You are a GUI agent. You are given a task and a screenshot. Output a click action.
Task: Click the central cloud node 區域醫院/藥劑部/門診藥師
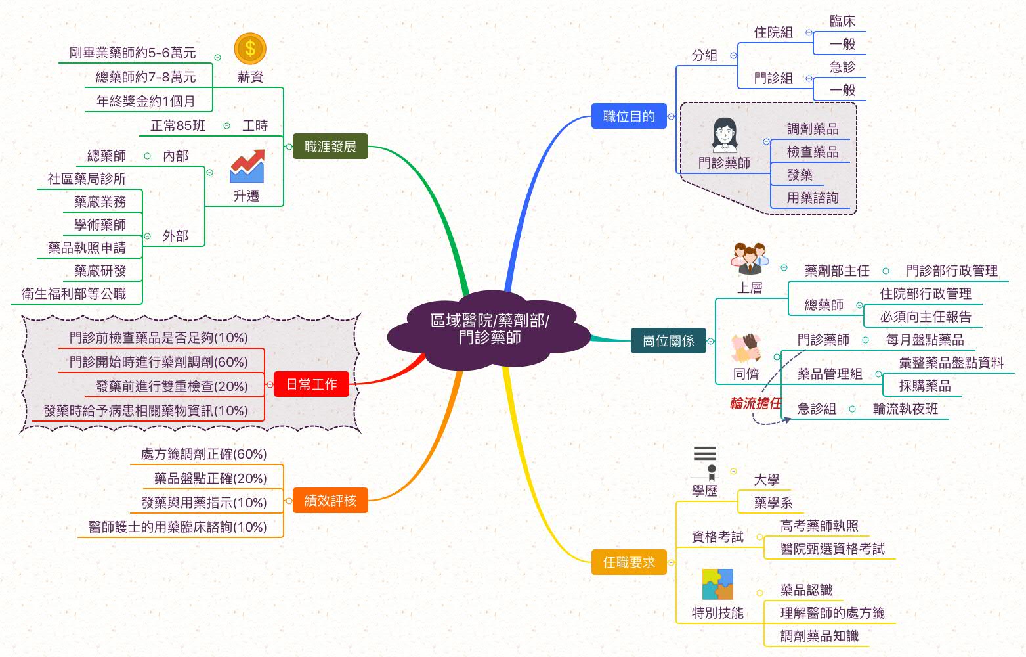click(x=489, y=328)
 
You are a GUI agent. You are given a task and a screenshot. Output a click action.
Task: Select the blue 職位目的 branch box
click(x=628, y=116)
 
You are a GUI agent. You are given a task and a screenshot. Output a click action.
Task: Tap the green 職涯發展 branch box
click(x=330, y=147)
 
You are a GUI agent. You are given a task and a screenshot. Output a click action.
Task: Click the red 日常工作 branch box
click(x=312, y=384)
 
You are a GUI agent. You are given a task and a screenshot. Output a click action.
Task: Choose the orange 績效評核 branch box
click(x=330, y=501)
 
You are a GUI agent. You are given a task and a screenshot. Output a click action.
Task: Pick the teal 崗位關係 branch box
click(x=668, y=341)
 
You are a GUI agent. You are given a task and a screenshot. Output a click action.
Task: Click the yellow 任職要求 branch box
click(x=628, y=562)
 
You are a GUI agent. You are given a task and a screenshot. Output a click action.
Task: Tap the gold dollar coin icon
click(x=250, y=49)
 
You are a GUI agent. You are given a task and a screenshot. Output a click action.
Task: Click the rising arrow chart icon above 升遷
click(x=247, y=167)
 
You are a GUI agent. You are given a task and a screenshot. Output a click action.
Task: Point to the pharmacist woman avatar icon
click(x=724, y=135)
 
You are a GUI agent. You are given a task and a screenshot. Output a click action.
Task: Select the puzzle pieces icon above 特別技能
click(x=717, y=584)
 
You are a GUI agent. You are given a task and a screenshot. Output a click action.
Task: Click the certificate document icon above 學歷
click(x=705, y=461)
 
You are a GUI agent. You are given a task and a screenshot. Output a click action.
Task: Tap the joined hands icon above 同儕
click(x=746, y=348)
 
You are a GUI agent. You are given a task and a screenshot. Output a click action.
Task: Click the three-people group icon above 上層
click(x=750, y=259)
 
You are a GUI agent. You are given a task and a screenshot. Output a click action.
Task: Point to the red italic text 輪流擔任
click(x=756, y=403)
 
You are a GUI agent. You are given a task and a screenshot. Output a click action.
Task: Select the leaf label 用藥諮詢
click(x=813, y=198)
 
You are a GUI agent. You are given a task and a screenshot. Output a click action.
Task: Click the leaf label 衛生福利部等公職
click(x=74, y=294)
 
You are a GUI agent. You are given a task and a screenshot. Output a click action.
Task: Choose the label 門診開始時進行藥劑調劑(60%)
click(x=158, y=362)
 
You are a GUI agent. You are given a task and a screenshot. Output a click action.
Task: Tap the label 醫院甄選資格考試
click(x=832, y=549)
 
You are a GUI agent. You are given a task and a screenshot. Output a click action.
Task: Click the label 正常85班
click(x=177, y=125)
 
